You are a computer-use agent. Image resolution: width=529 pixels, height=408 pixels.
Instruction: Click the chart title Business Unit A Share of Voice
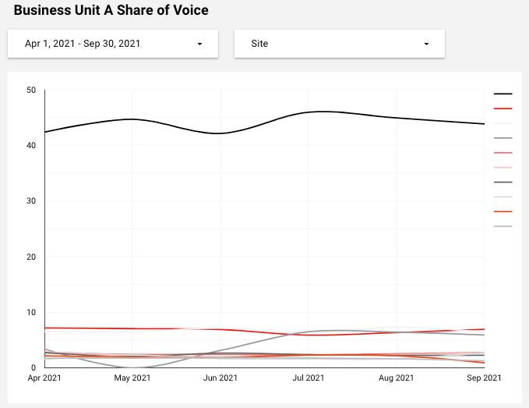[111, 11]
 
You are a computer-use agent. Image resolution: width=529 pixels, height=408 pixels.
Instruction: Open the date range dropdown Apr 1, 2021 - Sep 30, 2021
[113, 44]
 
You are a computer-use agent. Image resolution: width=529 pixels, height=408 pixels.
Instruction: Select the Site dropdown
[339, 44]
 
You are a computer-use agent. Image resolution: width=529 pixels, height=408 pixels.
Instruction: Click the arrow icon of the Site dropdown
[426, 44]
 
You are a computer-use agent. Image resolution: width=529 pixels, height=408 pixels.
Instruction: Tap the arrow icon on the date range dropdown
[199, 44]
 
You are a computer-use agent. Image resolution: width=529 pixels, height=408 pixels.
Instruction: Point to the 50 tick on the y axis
[31, 90]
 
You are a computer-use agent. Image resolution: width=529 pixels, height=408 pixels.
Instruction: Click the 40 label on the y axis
[31, 146]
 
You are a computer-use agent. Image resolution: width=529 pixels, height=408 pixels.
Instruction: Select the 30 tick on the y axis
[31, 201]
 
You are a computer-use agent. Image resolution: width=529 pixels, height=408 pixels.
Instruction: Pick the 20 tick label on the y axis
[31, 257]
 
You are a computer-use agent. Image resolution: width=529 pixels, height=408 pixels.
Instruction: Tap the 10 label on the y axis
[31, 313]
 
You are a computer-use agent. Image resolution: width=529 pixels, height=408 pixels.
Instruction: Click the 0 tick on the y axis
[34, 367]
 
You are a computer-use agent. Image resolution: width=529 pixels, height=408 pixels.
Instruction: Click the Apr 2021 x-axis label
[44, 378]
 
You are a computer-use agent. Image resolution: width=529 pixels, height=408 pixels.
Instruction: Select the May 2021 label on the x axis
[132, 378]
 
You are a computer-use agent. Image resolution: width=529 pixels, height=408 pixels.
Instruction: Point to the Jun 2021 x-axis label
[220, 378]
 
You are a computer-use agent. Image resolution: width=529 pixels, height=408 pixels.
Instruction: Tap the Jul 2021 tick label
[309, 378]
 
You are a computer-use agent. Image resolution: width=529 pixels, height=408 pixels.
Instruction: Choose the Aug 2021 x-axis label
[397, 378]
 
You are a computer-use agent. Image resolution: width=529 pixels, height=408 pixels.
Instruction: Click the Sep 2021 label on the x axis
[484, 378]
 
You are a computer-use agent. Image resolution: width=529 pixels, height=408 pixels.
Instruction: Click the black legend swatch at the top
[503, 94]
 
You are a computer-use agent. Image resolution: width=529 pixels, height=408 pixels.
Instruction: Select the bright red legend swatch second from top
[503, 109]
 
